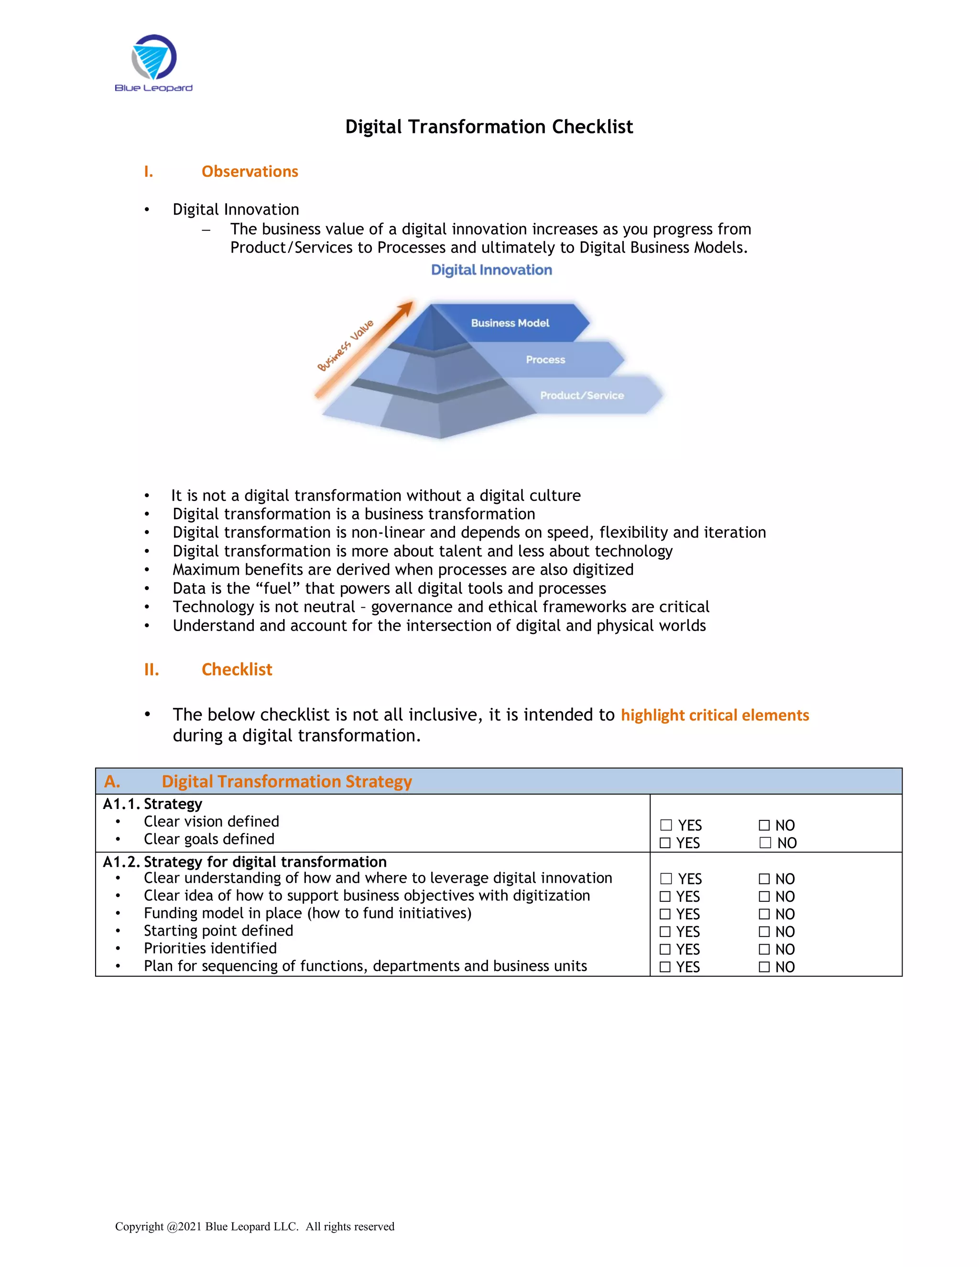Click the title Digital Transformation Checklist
pos(489,127)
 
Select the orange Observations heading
pos(250,172)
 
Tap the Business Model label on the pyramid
pos(510,323)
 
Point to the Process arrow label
pos(545,360)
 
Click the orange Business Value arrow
pos(365,348)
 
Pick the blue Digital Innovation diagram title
pos(491,270)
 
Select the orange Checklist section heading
pos(237,669)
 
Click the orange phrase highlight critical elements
pos(715,715)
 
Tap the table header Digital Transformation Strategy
pos(286,781)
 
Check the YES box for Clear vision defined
pos(666,825)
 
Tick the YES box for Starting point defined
pos(665,932)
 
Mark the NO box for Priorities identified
pos(764,949)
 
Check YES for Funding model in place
pos(665,914)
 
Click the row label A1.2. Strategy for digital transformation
pos(244,862)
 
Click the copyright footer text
pos(255,1226)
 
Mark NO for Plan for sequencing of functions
pos(764,967)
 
